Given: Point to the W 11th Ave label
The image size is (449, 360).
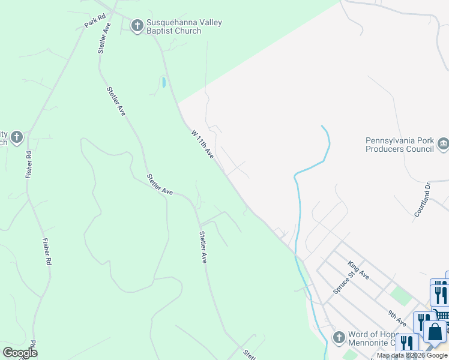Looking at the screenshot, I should coord(203,144).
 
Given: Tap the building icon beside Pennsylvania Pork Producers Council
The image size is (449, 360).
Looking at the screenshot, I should coord(444,143).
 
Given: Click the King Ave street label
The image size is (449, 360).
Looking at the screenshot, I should coord(358,269).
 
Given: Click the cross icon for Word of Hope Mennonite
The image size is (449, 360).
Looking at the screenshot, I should coord(339,337).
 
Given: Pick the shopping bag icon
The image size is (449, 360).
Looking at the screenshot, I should coord(435,331).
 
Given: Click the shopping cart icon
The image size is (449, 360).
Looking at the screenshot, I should coord(442,315).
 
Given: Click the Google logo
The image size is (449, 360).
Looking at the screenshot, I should coord(20,353).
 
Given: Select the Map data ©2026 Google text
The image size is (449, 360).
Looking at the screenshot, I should coord(412,356).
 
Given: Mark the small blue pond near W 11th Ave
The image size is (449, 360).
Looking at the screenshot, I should coord(163,82).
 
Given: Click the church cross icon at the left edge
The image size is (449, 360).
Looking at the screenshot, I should coord(16,137).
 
